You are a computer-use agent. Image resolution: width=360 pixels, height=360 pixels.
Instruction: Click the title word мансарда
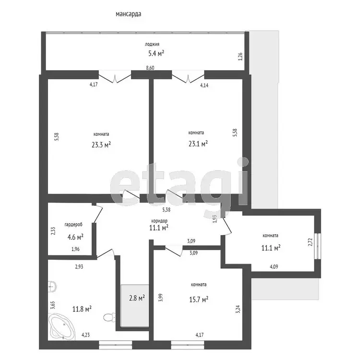tap(128, 14)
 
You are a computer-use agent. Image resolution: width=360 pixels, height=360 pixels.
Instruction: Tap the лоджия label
tap(152, 44)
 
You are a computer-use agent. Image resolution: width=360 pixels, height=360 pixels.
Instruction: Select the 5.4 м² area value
tap(156, 53)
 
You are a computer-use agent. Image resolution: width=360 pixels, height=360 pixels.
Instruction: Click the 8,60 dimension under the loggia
tap(150, 68)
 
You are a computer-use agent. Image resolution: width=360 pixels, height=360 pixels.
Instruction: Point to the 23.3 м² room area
tap(101, 144)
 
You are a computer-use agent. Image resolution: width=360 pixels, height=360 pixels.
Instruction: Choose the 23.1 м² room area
tap(198, 144)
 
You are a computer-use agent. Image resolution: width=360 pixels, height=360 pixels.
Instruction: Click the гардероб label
tap(73, 225)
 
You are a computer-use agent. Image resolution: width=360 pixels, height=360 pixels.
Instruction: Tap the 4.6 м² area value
tap(75, 237)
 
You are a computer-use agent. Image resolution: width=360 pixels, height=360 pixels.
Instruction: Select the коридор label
tap(159, 221)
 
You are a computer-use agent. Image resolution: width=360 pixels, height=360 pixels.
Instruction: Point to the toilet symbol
tap(109, 318)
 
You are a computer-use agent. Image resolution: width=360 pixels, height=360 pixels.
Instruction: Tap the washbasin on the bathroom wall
tap(52, 287)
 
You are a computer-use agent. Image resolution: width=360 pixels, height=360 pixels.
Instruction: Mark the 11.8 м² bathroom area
tap(82, 309)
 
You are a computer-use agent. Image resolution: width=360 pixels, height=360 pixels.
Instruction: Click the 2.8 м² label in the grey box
tap(137, 298)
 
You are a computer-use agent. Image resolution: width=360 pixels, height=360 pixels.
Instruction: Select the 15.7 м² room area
tap(199, 299)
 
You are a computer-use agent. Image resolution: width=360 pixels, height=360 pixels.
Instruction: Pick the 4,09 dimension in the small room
tap(274, 267)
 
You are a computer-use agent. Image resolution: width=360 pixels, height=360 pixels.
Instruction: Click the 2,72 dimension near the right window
tap(310, 242)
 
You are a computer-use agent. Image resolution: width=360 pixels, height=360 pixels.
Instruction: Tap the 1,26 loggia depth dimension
tap(240, 57)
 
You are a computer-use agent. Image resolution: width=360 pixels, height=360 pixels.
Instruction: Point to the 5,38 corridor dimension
tap(166, 209)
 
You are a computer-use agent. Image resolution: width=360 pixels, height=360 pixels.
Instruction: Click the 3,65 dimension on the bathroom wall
tap(52, 305)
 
